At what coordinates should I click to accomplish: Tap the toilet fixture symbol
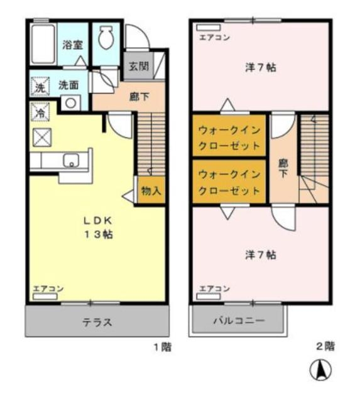tap(105, 39)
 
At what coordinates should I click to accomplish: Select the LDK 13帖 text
tap(99, 227)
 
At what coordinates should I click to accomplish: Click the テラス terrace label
tap(97, 323)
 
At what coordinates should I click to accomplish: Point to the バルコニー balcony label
tap(238, 320)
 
